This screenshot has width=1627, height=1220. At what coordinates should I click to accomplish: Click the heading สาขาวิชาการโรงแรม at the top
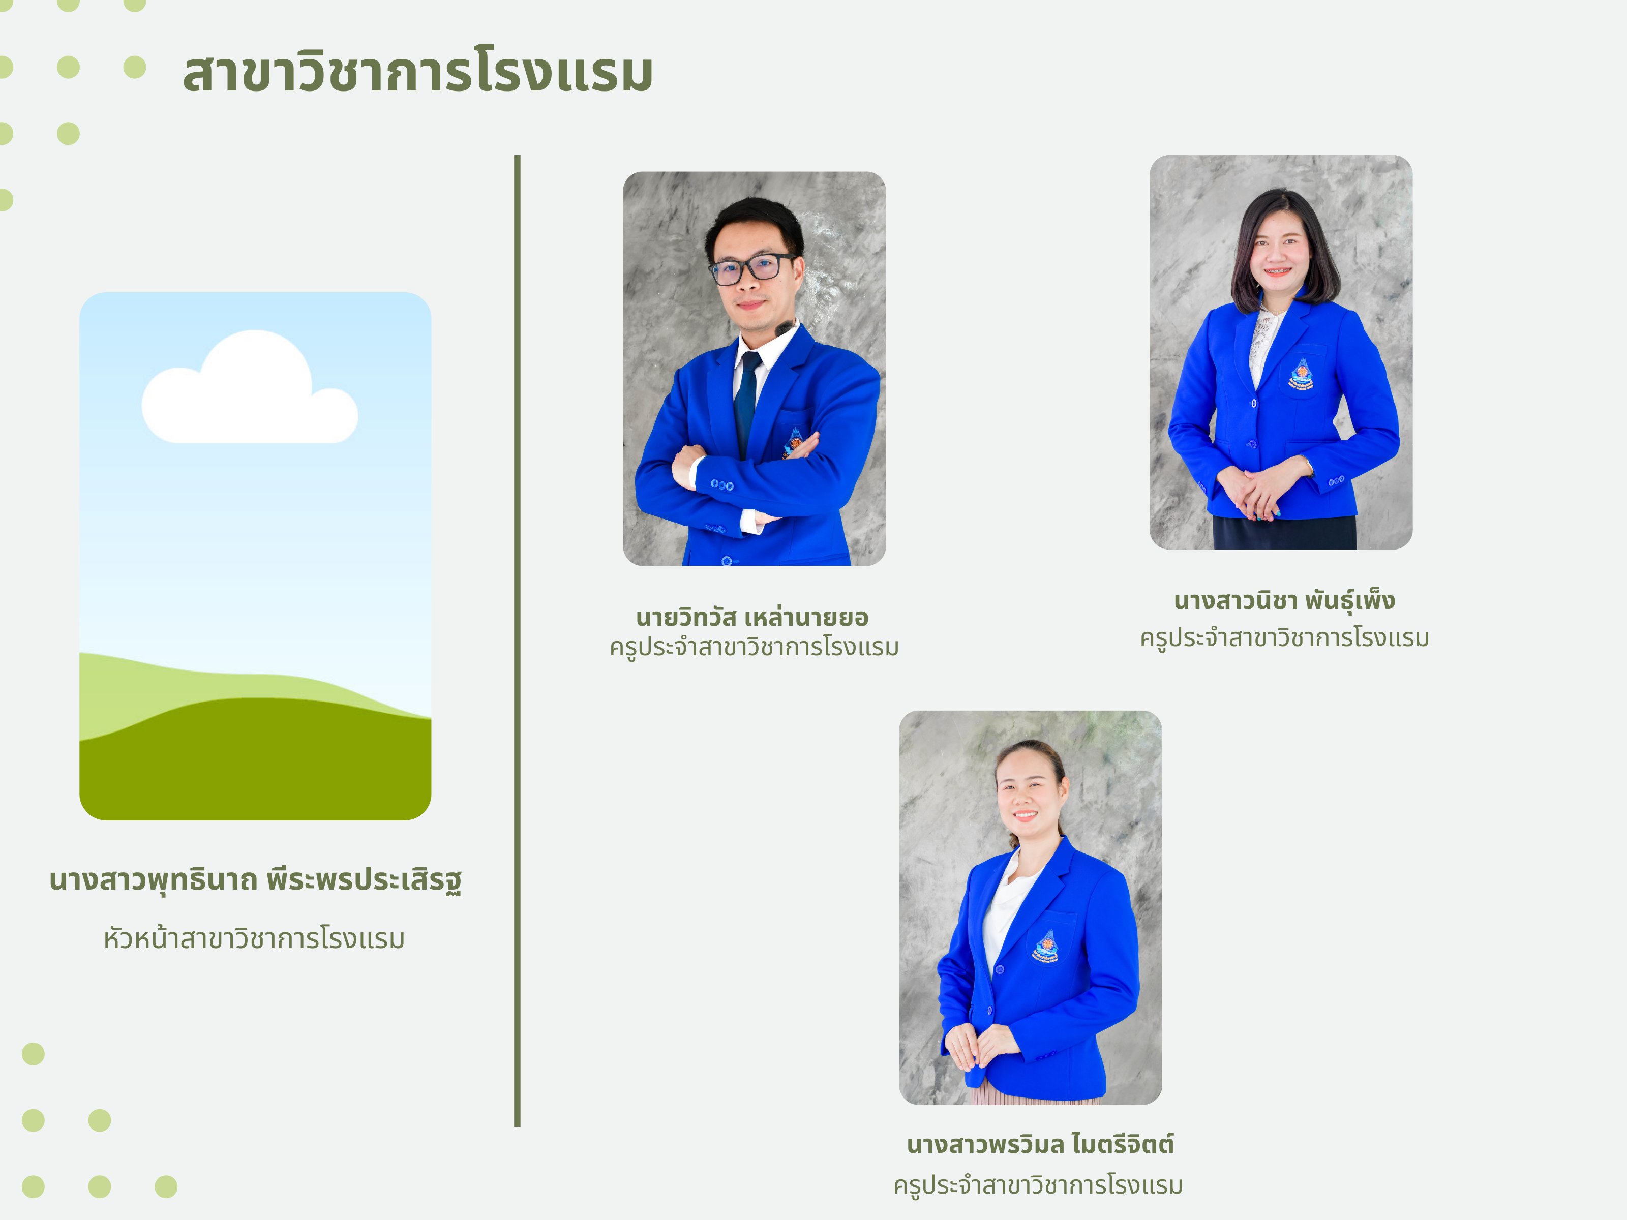click(x=418, y=72)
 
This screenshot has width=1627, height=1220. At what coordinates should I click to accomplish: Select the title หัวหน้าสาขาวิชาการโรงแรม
click(x=255, y=938)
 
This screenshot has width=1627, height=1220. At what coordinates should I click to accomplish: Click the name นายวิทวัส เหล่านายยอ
click(x=752, y=616)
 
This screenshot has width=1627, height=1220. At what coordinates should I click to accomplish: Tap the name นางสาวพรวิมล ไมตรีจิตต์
click(x=1040, y=1144)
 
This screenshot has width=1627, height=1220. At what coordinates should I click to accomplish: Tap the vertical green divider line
click(x=517, y=640)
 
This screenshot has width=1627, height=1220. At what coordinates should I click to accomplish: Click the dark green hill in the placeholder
click(x=255, y=765)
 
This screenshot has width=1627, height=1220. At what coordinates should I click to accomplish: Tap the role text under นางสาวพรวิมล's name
click(x=1038, y=1185)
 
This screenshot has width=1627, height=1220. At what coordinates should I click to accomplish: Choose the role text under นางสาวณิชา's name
click(x=1284, y=637)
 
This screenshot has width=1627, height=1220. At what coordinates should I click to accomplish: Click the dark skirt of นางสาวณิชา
click(x=1284, y=532)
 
